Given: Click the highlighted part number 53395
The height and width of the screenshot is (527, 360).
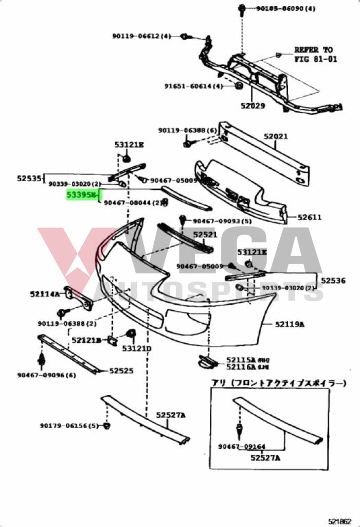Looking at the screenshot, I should click(82, 196).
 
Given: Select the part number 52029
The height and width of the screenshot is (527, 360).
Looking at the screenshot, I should click(252, 106).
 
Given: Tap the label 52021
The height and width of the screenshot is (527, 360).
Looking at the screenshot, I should click(276, 136).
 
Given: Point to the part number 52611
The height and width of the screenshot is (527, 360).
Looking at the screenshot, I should click(310, 217).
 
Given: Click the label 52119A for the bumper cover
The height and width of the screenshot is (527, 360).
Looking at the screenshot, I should click(290, 324).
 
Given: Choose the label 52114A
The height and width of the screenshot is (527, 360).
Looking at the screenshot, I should click(45, 294).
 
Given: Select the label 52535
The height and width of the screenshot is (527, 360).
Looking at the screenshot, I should click(29, 178).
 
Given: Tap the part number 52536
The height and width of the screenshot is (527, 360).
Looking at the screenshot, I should click(334, 280).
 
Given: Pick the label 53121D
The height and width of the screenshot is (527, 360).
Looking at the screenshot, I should click(137, 349).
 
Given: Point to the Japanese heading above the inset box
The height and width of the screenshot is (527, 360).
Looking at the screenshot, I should click(278, 383).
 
